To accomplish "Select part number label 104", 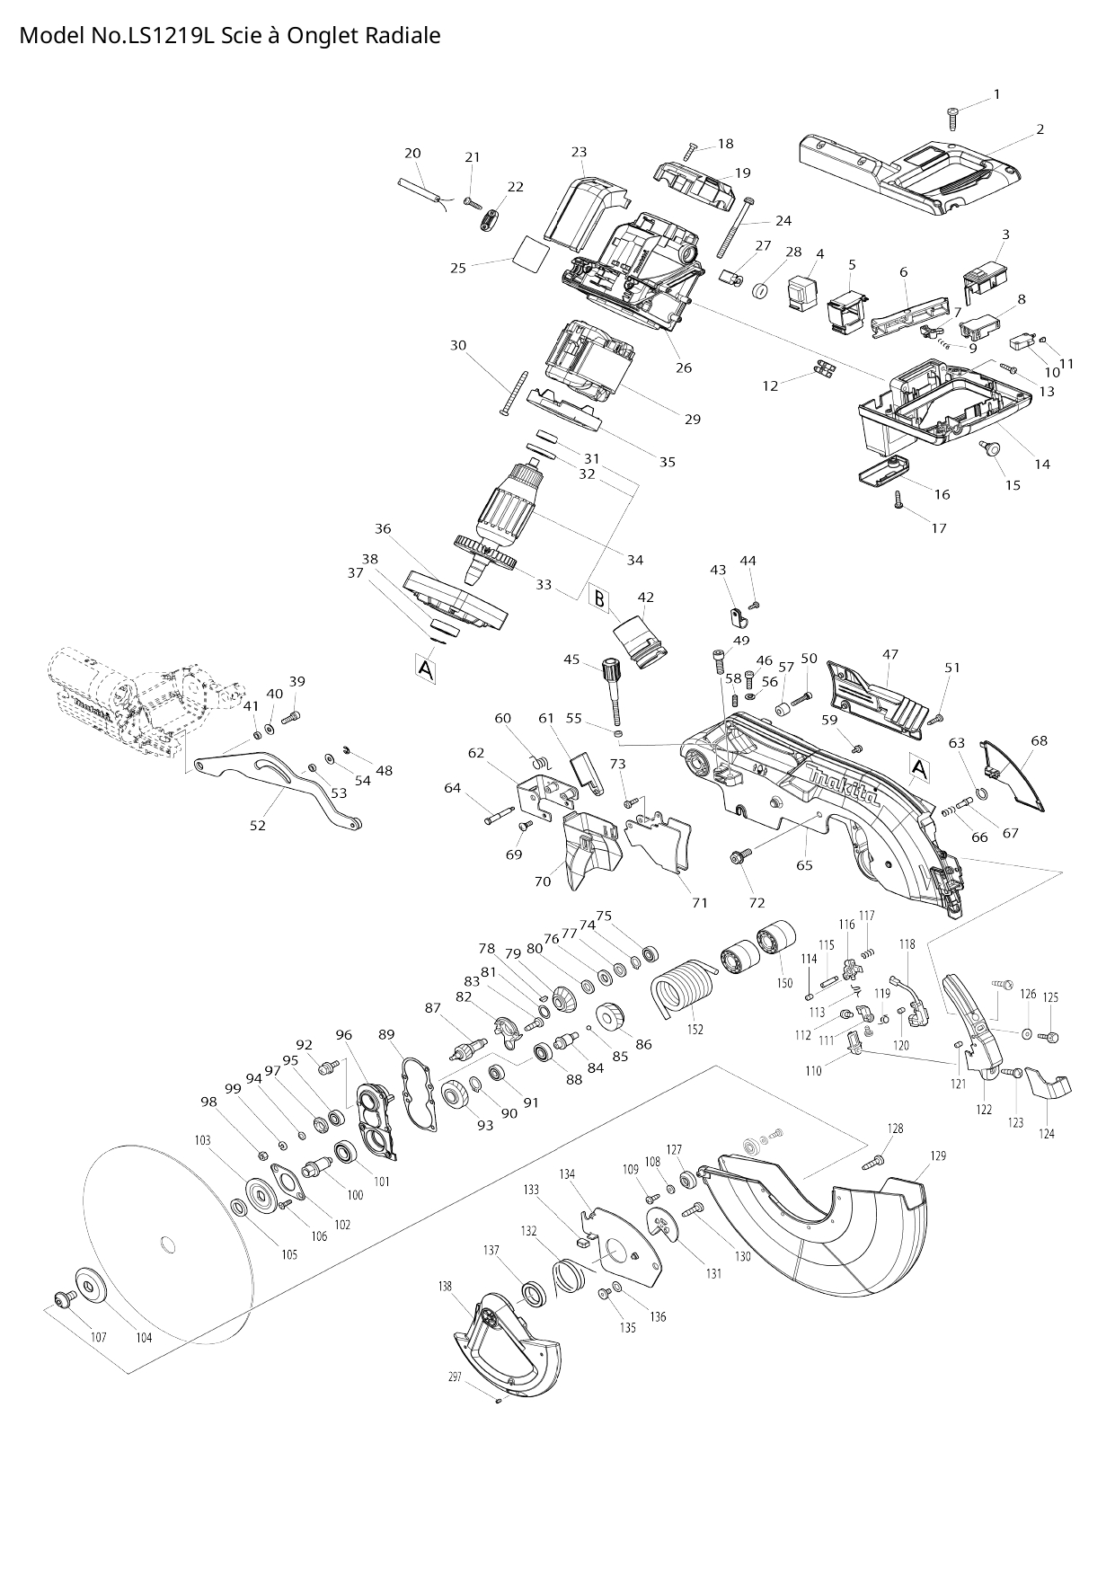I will click(x=144, y=1338).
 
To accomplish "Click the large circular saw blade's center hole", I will click(x=165, y=1244).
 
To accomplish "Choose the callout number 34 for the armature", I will click(x=635, y=560).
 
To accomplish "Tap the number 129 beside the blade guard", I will click(x=938, y=1155).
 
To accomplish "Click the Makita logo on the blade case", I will click(x=843, y=787).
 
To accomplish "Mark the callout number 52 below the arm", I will click(x=258, y=825).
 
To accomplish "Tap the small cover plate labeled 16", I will click(x=880, y=471).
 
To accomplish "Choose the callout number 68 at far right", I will click(x=1039, y=741).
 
